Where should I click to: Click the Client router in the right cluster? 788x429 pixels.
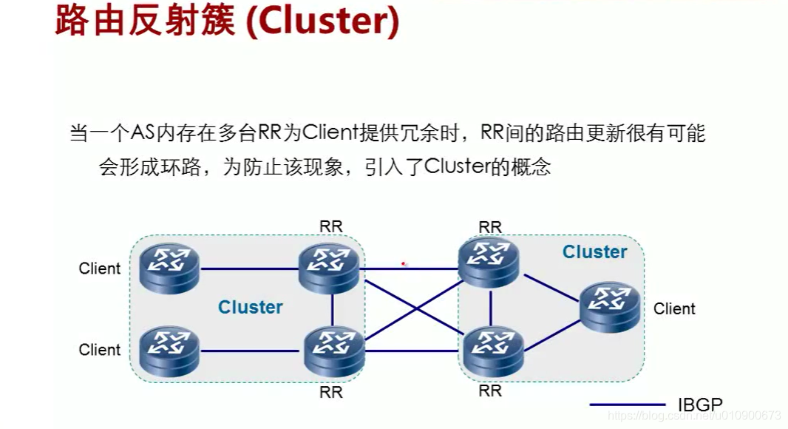tap(611, 304)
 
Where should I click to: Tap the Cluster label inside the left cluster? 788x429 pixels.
tap(251, 307)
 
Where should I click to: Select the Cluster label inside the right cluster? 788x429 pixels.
tap(594, 252)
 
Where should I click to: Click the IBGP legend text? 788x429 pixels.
tap(699, 405)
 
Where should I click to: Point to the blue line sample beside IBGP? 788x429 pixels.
tap(628, 405)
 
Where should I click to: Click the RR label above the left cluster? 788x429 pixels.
tap(330, 226)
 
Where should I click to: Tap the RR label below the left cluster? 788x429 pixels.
tap(330, 392)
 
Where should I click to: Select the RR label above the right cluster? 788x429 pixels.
tap(489, 226)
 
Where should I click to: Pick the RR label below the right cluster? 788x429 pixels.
tap(489, 390)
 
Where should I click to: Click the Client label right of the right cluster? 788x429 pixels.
tap(674, 308)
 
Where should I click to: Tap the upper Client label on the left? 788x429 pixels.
tap(99, 268)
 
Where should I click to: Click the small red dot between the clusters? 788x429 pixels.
tap(403, 263)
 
